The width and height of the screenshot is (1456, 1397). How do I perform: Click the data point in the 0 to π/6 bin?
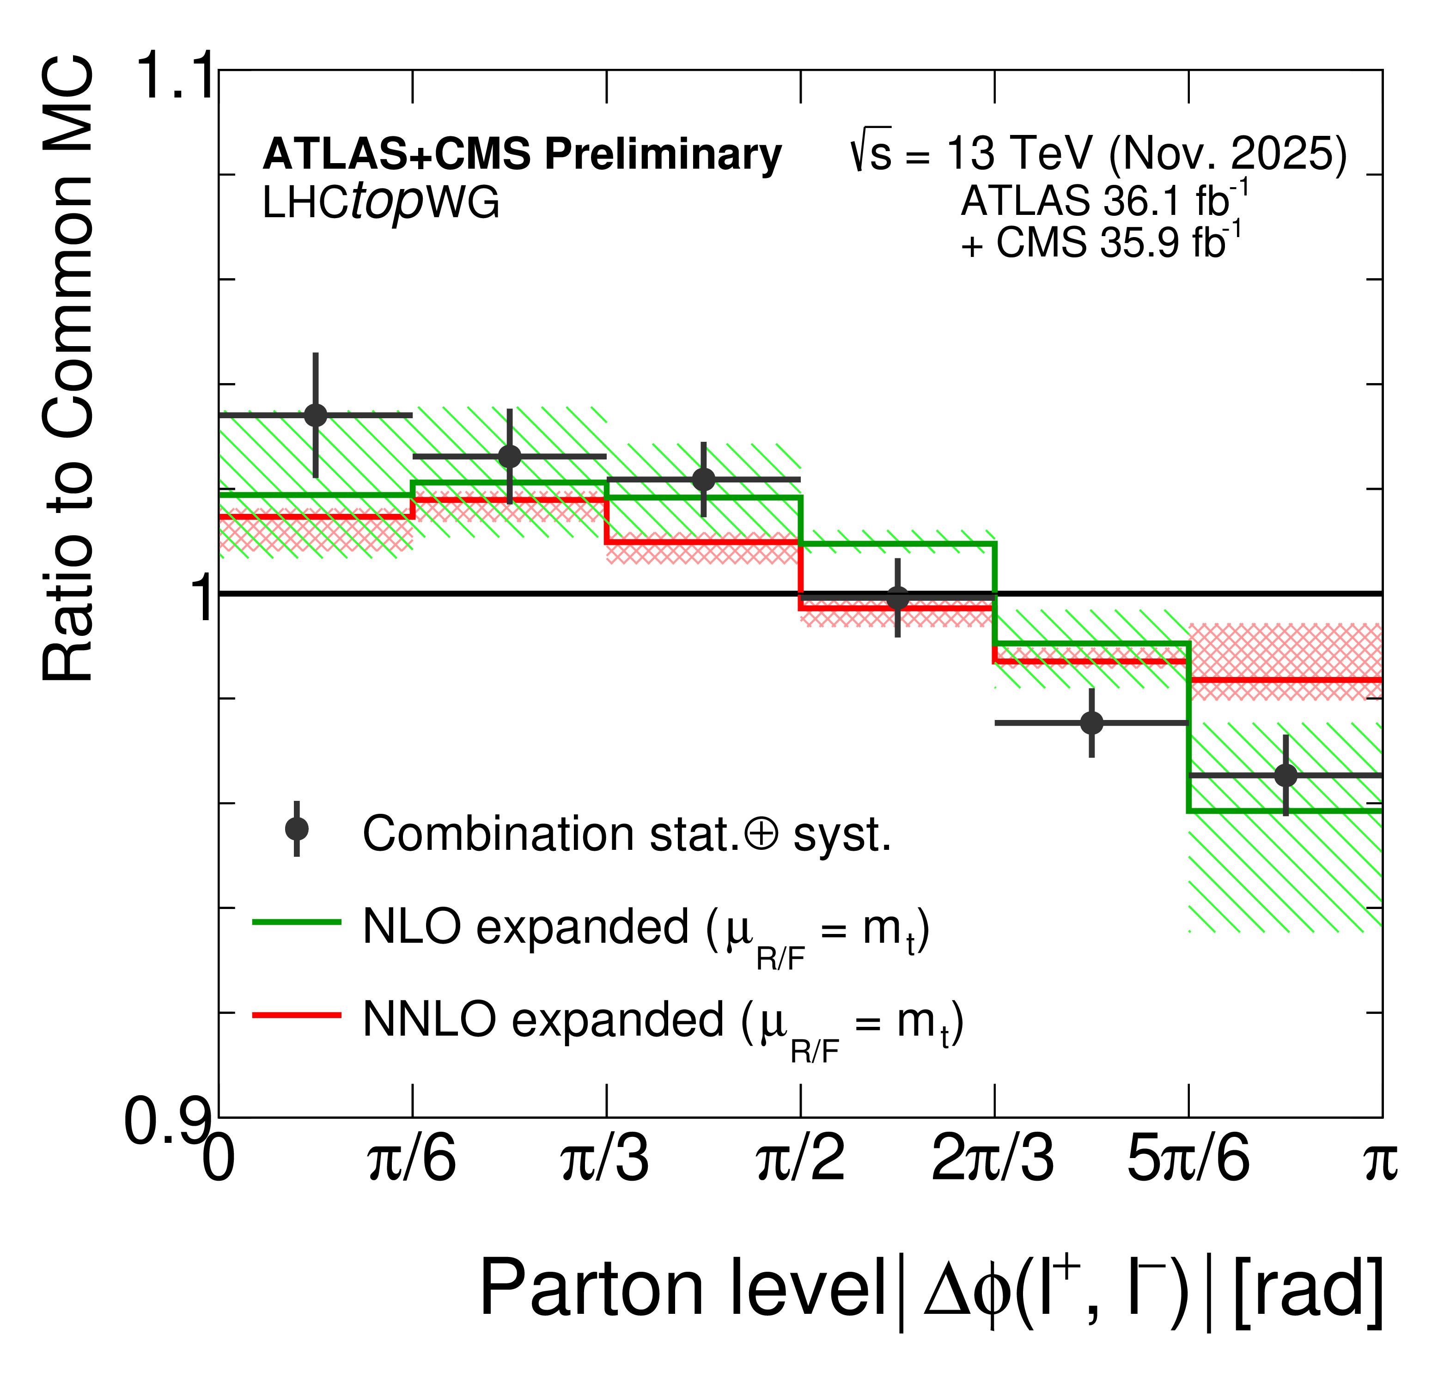[316, 415]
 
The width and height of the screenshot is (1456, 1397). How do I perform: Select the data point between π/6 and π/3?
[510, 456]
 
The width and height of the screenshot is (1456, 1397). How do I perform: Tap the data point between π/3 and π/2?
[703, 479]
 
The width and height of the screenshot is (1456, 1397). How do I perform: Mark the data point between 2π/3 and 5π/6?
[1091, 722]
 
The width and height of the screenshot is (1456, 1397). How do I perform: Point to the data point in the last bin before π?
[1286, 775]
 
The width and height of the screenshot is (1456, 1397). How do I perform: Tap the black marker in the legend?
[296, 829]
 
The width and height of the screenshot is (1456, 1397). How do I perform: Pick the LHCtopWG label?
[380, 202]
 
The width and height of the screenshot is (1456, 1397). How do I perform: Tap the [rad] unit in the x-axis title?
[1307, 1289]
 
